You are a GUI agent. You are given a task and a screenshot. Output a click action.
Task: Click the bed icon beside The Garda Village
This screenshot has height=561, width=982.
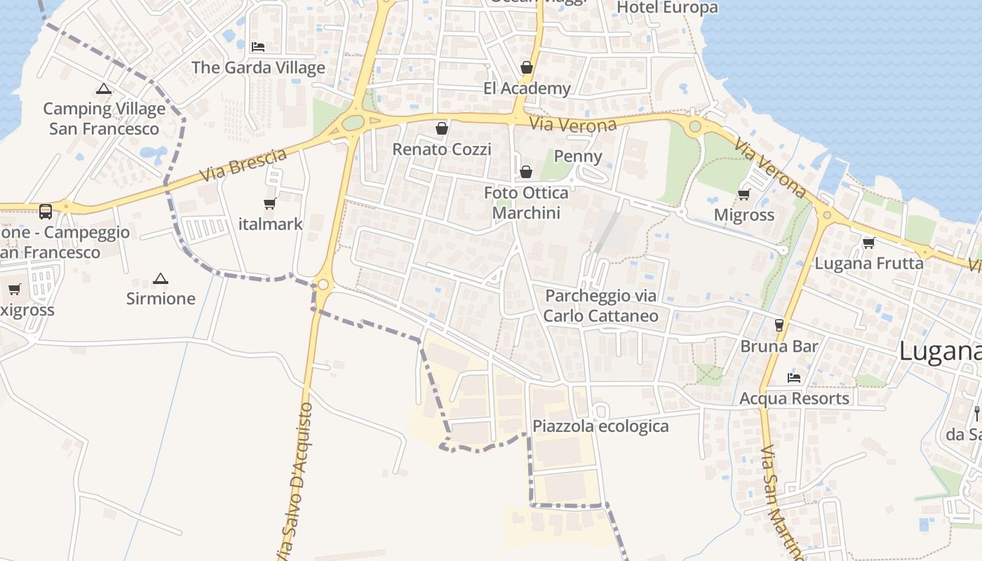[258, 48]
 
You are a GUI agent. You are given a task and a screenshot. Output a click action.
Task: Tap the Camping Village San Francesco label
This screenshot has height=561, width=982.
[104, 119]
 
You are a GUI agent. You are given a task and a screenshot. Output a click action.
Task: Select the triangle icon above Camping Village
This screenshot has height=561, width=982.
[104, 89]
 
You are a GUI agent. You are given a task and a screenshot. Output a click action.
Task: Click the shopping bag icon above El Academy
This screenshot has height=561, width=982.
[527, 67]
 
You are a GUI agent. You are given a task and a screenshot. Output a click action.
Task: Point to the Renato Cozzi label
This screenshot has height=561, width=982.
[441, 149]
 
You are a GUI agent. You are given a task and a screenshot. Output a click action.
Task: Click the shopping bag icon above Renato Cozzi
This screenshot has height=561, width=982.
[442, 128]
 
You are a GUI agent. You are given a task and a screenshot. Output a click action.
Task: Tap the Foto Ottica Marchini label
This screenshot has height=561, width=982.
[526, 203]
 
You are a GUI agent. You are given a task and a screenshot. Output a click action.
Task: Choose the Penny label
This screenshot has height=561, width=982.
[578, 156]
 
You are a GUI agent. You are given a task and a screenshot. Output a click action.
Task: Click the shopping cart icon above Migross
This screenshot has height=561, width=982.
[744, 194]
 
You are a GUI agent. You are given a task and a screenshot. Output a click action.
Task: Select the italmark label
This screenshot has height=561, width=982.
[270, 224]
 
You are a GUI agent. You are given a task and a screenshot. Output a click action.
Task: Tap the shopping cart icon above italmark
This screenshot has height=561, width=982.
[270, 204]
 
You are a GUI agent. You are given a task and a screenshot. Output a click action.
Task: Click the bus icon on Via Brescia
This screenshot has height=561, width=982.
[46, 210]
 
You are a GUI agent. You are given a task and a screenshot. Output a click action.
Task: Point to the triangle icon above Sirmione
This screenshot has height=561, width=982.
[161, 278]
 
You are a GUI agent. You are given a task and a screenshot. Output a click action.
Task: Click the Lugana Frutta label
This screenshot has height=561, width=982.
[868, 264]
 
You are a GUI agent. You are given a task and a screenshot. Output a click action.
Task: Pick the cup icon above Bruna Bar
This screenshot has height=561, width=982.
[779, 325]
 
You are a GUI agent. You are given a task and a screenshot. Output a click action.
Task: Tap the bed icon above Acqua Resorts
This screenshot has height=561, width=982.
[794, 377]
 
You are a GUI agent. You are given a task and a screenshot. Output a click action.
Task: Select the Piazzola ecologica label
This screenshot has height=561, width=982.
[600, 426]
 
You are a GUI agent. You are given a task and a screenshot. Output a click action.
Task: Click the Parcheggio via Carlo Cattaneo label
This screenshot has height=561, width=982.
[601, 306]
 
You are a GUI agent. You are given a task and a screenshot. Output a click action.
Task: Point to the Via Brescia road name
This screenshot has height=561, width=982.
[243, 165]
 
